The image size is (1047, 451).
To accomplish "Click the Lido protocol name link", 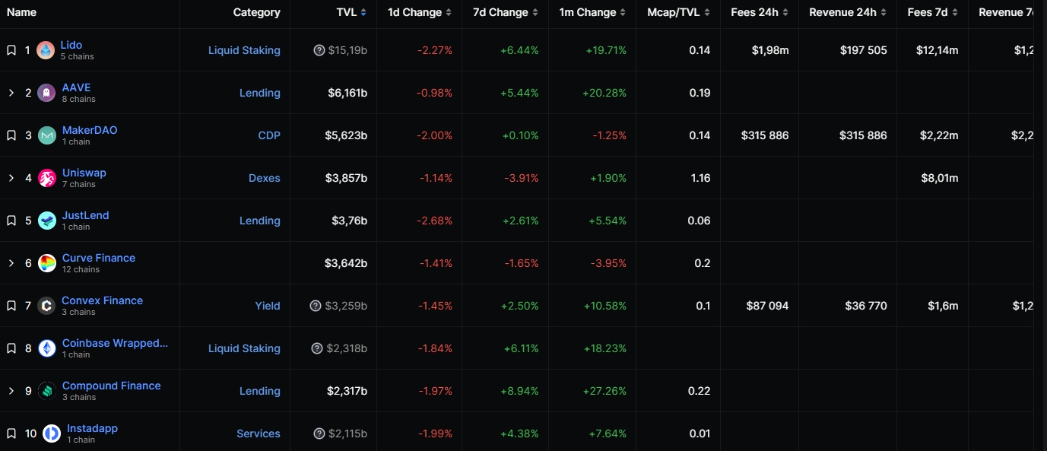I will [71, 45].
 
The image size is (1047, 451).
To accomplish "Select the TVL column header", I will [347, 12].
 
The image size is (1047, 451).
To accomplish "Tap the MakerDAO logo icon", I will [47, 135].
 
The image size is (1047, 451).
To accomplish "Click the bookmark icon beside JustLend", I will [11, 221].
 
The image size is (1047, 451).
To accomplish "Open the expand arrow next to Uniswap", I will [11, 178].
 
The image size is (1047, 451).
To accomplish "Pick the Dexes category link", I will [264, 178].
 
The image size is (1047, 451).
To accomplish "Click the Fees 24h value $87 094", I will [767, 306].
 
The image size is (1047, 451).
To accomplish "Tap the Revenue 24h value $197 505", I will [863, 50].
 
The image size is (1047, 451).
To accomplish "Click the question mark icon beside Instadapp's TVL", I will [319, 434].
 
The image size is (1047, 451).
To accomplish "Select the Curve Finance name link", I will [99, 258].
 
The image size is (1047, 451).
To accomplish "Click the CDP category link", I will [269, 135].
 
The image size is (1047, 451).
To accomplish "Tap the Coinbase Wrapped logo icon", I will [47, 348].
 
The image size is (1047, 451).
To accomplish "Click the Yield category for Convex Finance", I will [268, 306].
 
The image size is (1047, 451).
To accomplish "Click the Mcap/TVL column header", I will [673, 12].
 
